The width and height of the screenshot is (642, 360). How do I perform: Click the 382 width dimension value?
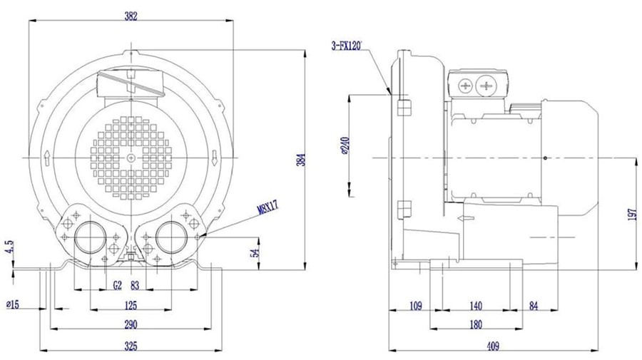pyautogui.click(x=131, y=16)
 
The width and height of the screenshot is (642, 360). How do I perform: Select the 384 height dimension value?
pyautogui.click(x=301, y=160)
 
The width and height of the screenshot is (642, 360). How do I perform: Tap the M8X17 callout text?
pyautogui.click(x=268, y=207)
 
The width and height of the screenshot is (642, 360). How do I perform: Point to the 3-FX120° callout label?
pyautogui.click(x=347, y=46)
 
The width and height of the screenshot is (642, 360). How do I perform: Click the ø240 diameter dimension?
pyautogui.click(x=344, y=145)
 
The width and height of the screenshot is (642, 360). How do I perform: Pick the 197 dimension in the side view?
pyautogui.click(x=632, y=215)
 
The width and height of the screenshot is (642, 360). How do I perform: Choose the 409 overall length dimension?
pyautogui.click(x=493, y=346)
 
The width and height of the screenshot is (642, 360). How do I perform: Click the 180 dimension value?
pyautogui.click(x=476, y=324)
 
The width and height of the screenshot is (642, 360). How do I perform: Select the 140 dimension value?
pyautogui.click(x=476, y=306)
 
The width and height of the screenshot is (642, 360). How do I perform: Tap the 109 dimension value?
pyautogui.click(x=415, y=306)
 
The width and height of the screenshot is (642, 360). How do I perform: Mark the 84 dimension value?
pyautogui.click(x=534, y=306)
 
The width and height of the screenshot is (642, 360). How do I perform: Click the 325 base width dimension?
pyautogui.click(x=131, y=346)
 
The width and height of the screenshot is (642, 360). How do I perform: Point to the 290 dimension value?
pyautogui.click(x=131, y=324)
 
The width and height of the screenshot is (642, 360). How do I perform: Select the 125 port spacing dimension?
pyautogui.click(x=131, y=305)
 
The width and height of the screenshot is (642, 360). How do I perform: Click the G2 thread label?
pyautogui.click(x=118, y=285)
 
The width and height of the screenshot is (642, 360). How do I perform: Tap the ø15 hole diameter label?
pyautogui.click(x=13, y=304)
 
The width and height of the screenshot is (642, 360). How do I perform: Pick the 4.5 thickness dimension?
pyautogui.click(x=10, y=247)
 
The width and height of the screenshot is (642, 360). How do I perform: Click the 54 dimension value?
pyautogui.click(x=255, y=253)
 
